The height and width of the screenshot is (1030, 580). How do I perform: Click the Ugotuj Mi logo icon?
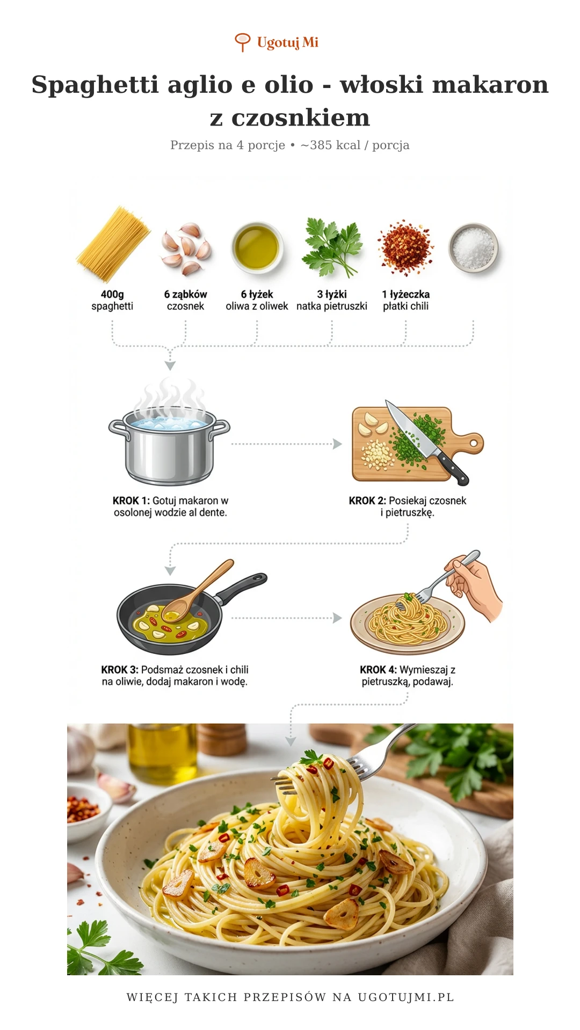(x=243, y=42)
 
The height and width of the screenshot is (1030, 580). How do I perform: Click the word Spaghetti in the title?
(x=95, y=85)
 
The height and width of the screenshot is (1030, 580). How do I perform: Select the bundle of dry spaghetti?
(x=113, y=244)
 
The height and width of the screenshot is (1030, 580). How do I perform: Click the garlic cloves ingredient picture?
(x=186, y=248)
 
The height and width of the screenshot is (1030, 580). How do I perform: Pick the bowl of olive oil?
(x=257, y=248)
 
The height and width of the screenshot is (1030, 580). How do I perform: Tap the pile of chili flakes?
(x=405, y=247)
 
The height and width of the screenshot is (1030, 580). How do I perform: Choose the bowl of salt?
(x=473, y=248)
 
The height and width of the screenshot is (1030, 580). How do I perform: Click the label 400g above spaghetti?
(x=112, y=295)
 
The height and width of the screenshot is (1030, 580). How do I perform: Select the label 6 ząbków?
(x=185, y=295)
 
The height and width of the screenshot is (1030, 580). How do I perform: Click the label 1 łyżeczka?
(x=405, y=295)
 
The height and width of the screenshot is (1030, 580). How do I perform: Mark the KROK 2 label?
(x=367, y=501)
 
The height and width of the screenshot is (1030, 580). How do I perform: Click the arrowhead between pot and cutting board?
(x=337, y=444)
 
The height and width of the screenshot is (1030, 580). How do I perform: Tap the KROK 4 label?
(x=378, y=670)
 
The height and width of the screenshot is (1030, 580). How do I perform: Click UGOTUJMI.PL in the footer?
(x=406, y=997)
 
